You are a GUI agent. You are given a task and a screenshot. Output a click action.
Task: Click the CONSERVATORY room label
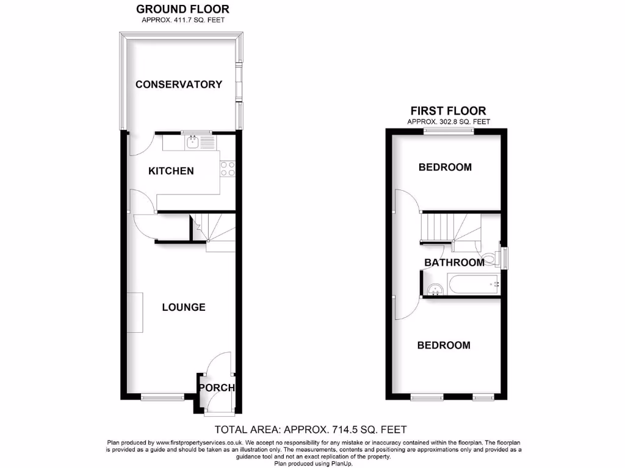point(178,84)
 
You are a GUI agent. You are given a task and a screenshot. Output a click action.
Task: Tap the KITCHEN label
point(171,171)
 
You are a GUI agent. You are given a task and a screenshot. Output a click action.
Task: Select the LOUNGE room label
point(183,307)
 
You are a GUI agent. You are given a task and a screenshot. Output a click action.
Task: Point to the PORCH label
point(217,388)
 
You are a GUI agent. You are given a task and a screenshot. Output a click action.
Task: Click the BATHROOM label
point(454,263)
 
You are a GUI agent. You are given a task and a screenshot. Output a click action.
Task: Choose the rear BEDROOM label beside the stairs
point(445,167)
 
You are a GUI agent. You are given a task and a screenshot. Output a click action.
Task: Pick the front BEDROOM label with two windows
point(444,346)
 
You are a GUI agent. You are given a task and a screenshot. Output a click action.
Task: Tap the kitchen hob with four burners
point(228,169)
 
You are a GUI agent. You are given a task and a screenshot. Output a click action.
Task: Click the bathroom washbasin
point(435,288)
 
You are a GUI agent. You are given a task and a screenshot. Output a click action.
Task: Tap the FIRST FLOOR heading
point(448,111)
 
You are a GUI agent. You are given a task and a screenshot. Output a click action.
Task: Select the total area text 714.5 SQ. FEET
point(311,429)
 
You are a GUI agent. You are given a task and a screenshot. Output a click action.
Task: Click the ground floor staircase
point(214,232)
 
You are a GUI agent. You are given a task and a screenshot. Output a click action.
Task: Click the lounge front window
point(162,397)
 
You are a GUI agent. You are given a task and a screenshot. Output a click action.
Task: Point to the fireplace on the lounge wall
point(135,312)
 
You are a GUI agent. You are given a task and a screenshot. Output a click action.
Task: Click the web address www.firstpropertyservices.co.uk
point(200,442)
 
